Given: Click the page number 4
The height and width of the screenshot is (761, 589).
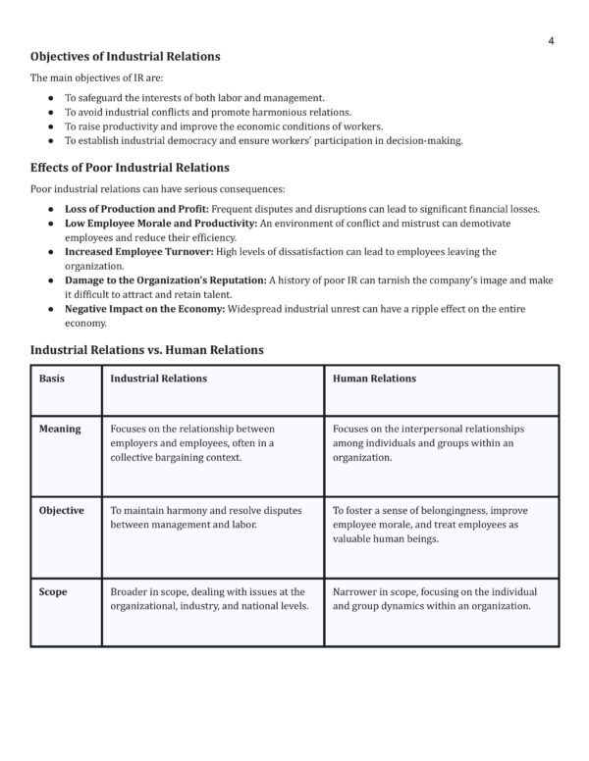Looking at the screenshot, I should point(551,40).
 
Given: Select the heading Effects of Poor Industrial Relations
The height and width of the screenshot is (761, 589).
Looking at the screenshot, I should point(130,167).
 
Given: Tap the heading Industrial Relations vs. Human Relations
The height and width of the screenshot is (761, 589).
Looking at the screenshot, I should point(146,348).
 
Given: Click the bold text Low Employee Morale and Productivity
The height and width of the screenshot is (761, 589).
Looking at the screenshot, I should point(159,224).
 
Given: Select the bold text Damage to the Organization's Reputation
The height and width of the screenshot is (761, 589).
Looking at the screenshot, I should point(165,279).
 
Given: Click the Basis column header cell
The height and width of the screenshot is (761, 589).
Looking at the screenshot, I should point(52,379).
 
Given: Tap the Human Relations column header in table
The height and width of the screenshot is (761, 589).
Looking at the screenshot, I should point(374,379).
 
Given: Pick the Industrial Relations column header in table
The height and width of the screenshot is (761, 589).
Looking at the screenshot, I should point(157,379).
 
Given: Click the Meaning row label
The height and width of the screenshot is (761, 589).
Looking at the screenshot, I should point(60,429).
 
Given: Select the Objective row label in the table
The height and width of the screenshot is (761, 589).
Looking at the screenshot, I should point(62,510).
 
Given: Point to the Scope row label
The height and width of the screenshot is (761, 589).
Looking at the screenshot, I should point(53,591).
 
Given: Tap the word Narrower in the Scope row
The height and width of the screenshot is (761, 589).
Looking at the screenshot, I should point(358,591).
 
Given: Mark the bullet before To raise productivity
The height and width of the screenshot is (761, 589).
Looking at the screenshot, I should point(51,127).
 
